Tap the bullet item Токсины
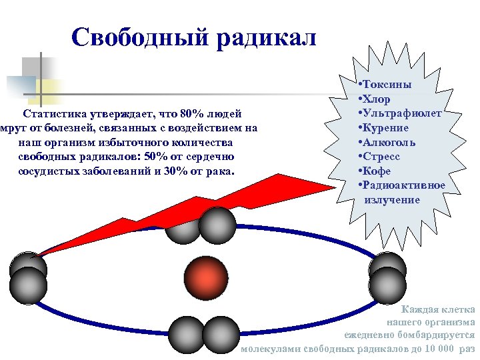click(x=387, y=85)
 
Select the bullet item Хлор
click(x=377, y=99)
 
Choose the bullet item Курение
click(x=386, y=127)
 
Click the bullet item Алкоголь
click(x=389, y=142)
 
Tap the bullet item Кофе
click(x=377, y=171)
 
